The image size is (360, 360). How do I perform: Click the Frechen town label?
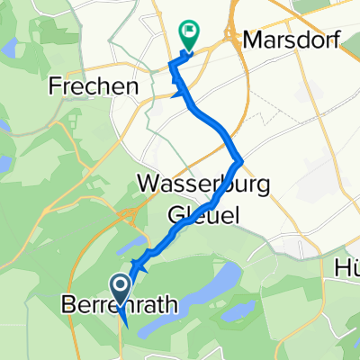tap(94, 87)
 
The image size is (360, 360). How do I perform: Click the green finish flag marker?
tap(189, 34)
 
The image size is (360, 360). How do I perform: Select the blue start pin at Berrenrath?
tap(120, 290)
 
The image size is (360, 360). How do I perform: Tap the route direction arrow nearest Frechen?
tap(181, 90)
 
